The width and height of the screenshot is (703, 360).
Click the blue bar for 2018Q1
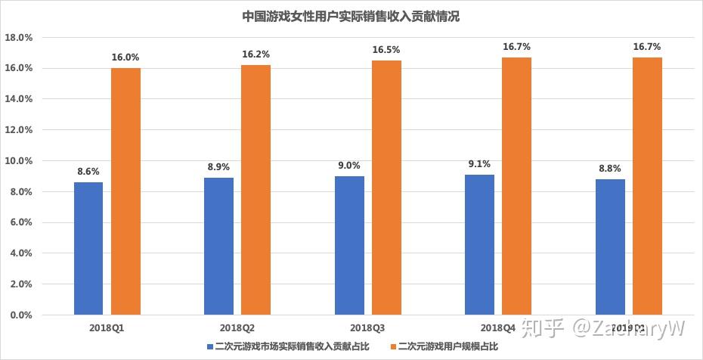tap(88, 248)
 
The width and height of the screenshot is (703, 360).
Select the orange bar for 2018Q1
tap(125, 191)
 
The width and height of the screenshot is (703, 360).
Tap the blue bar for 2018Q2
tap(218, 246)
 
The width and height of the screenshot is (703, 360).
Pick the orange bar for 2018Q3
tap(386, 188)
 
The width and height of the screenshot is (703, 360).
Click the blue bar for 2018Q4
tap(479, 244)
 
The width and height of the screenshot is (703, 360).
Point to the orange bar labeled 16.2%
tap(255, 190)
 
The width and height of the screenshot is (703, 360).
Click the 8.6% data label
tap(88, 171)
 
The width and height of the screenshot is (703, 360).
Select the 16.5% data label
tap(386, 50)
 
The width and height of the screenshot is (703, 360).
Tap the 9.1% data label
tap(479, 163)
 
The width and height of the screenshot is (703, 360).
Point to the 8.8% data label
tap(609, 168)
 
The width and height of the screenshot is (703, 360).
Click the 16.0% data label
tap(125, 57)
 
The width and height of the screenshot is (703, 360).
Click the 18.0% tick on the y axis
tap(19, 37)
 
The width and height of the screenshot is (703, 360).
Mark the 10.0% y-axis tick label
tap(19, 161)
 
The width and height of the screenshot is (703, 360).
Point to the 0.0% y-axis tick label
tap(21, 315)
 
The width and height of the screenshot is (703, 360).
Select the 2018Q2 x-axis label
tap(237, 328)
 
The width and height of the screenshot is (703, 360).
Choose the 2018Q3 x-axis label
tap(367, 328)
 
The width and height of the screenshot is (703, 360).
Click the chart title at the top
tap(351, 16)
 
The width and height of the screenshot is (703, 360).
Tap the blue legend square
tap(209, 346)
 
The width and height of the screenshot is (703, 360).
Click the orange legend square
tap(394, 346)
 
